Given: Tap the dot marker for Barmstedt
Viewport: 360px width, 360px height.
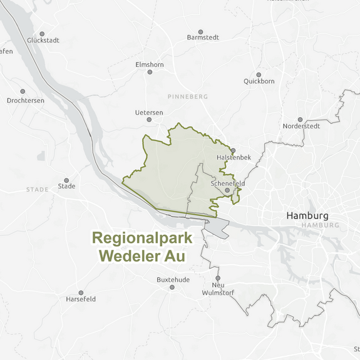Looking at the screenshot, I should [201, 31].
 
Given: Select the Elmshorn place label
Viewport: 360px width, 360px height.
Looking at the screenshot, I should [149, 64].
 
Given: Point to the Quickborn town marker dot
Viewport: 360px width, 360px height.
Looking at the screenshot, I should [259, 75].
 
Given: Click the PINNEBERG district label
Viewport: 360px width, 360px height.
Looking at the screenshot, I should [187, 97].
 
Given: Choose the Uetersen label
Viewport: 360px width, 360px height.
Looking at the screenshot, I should [149, 113].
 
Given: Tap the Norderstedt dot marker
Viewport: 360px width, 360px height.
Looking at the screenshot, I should [301, 120].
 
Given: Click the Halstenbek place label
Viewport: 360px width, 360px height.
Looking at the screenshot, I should [234, 157].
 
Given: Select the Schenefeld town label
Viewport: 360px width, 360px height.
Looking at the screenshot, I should [228, 183].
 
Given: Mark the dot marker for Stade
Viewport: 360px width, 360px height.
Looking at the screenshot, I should [66, 180].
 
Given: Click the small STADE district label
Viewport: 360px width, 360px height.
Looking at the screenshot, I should [37, 190].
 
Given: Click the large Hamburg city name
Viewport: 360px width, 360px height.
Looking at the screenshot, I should [307, 215].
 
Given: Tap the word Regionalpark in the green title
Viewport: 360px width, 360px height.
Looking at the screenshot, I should [142, 239].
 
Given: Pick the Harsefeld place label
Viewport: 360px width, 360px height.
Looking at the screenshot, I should [81, 299].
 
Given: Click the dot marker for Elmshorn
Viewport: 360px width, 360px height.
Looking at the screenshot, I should [150, 72].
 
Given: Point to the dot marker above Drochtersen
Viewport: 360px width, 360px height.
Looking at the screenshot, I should [23, 91].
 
